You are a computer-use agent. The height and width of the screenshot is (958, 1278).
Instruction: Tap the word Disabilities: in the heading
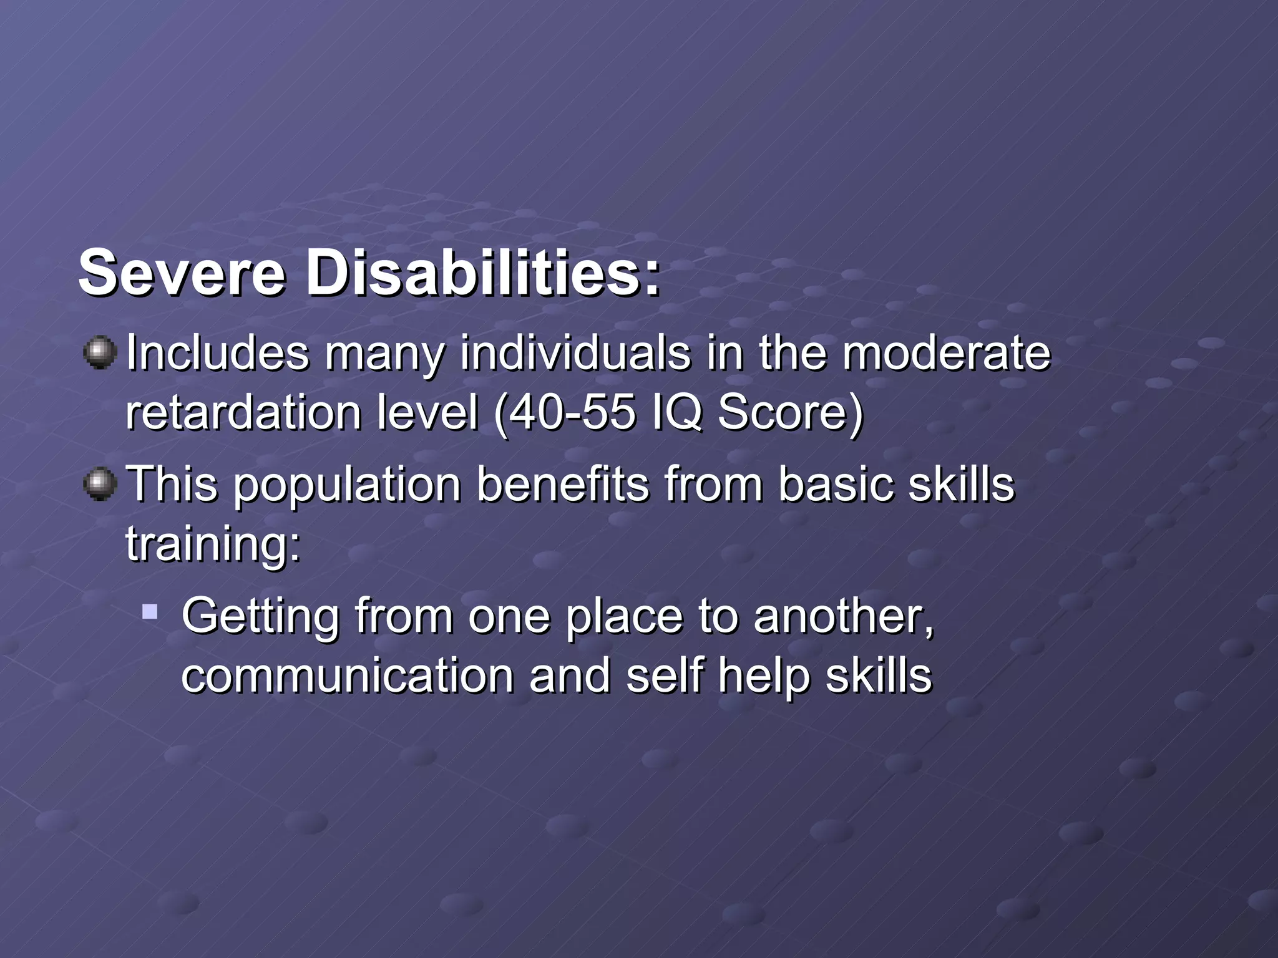[482, 273]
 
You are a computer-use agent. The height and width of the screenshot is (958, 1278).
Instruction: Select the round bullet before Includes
[100, 353]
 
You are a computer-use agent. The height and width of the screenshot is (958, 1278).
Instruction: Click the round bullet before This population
[100, 485]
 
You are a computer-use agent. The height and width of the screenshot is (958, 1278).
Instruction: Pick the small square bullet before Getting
[149, 611]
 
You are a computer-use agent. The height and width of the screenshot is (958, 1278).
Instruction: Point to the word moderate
[946, 353]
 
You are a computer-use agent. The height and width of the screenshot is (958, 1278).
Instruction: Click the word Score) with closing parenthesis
[790, 413]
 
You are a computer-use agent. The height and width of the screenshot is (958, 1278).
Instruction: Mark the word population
[346, 485]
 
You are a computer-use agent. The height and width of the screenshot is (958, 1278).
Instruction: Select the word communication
[347, 676]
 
